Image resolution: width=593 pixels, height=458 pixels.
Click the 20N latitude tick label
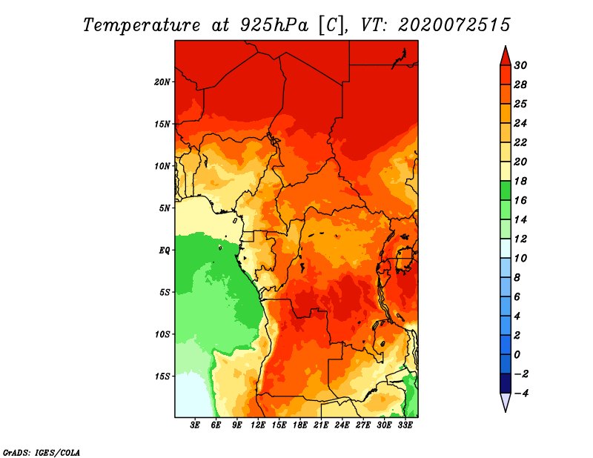(162, 82)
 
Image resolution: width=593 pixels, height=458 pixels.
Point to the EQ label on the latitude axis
(165, 250)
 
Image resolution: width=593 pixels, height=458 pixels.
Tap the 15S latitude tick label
(162, 376)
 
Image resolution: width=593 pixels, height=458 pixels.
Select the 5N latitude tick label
(165, 208)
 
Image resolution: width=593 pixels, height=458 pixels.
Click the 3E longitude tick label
(196, 426)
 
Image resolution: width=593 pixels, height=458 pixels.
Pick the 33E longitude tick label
(405, 426)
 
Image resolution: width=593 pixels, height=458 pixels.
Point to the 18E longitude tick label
(300, 426)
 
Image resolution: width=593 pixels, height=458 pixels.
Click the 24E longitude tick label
(342, 426)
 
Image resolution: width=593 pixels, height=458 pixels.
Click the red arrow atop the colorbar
(505, 55)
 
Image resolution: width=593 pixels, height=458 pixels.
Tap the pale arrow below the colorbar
(505, 402)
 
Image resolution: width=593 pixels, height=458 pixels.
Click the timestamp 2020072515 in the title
(454, 24)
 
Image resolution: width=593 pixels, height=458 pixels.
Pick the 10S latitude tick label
(162, 334)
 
